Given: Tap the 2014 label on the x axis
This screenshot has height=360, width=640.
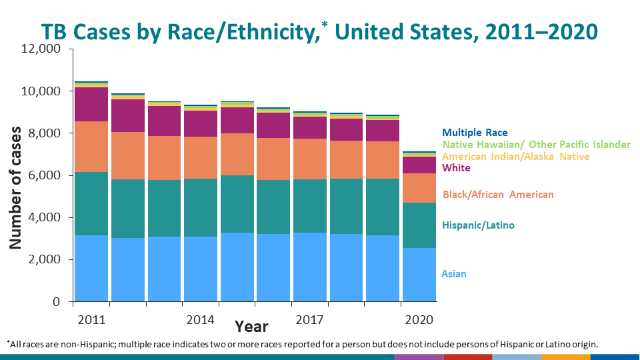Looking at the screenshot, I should point(201,320).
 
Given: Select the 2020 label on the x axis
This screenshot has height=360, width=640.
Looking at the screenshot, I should point(419,320).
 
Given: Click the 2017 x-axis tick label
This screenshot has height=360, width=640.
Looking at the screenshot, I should point(310,320).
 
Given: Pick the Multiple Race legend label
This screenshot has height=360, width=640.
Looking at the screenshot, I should point(475,133).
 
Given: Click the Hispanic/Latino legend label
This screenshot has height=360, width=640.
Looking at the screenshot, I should point(478,225).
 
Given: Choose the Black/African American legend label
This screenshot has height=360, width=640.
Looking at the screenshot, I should point(497,194).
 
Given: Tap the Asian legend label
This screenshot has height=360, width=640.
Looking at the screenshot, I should point(454,273).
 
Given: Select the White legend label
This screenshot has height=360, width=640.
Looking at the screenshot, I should point(456,168).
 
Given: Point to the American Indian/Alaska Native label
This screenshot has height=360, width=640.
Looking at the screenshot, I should point(516,157).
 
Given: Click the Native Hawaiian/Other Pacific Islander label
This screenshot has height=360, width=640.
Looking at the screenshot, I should point(536,145).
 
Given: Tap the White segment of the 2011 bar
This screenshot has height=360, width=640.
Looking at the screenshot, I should point(91,104).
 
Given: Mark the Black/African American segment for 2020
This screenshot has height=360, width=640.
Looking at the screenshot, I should point(419,188).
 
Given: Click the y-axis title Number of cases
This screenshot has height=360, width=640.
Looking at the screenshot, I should point(15,188).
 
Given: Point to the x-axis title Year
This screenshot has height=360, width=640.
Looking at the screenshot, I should point(251,327).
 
